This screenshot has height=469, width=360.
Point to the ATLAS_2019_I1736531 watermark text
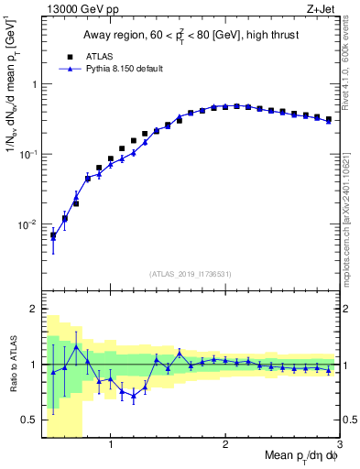190,274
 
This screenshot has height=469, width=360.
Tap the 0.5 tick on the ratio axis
29,420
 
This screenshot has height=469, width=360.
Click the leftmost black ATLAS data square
53,235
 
